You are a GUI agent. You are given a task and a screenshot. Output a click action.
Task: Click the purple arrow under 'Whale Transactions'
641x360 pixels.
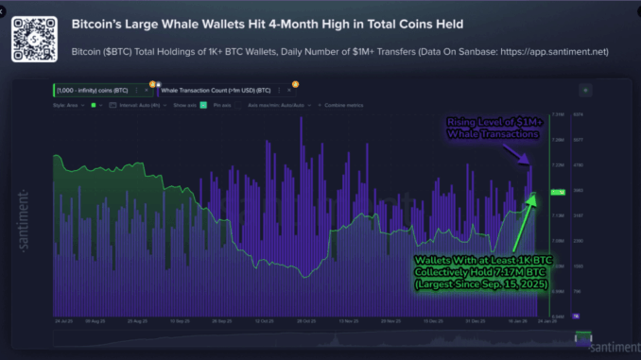[526, 156]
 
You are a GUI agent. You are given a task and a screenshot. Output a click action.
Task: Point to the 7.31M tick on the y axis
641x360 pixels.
[557, 115]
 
